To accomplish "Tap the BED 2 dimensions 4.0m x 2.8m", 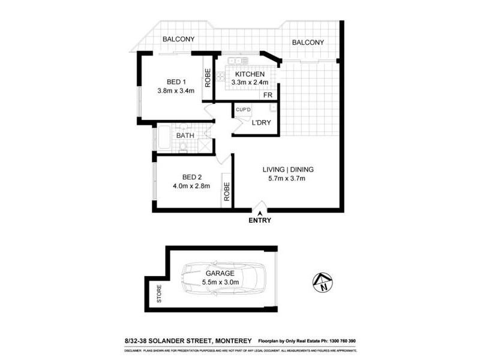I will [187, 186].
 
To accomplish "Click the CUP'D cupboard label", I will [242, 109].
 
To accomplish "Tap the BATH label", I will [184, 136].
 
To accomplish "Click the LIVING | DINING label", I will [287, 169].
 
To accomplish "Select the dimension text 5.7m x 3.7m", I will [287, 178].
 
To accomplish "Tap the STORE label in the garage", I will [160, 297].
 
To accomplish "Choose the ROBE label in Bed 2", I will [227, 191].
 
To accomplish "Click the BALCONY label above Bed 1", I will [177, 40].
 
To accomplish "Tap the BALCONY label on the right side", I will [308, 43].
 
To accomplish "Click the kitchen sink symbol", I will [238, 61].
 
